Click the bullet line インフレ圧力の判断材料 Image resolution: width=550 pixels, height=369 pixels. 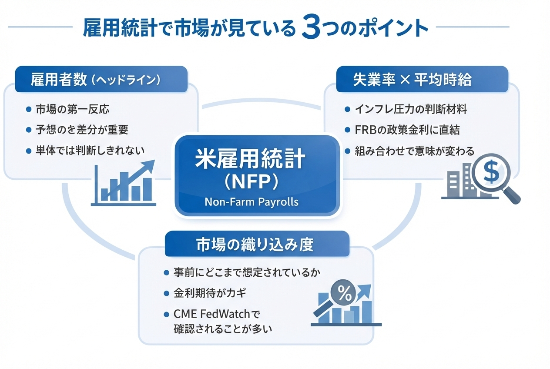pos(411,109)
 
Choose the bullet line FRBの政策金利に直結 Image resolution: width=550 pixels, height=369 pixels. pos(407,130)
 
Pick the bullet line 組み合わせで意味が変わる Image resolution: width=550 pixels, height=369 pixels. pos(415,151)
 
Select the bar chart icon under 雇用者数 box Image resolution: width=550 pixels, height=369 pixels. pos(124,185)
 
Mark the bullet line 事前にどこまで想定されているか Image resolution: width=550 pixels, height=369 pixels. pos(247,273)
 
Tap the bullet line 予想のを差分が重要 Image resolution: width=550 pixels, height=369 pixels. pos(82,130)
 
